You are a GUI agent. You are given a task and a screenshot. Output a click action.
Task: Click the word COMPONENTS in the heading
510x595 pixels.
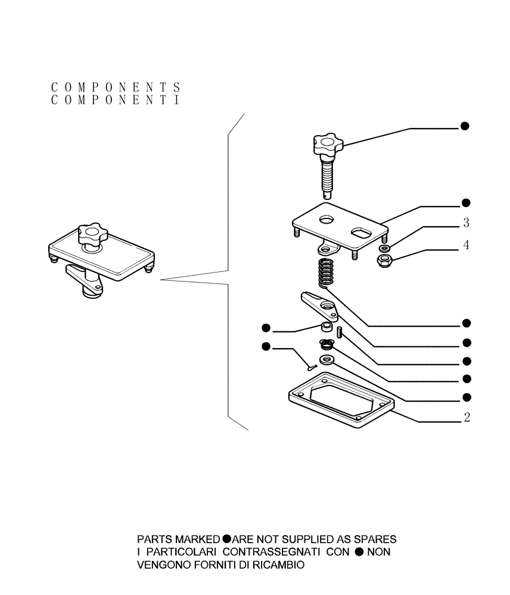(x=116, y=87)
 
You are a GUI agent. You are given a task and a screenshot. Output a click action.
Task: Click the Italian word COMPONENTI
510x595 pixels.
(x=116, y=101)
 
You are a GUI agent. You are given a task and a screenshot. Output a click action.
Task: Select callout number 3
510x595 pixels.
(x=467, y=224)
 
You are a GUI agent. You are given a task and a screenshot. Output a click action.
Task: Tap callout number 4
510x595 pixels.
(x=467, y=245)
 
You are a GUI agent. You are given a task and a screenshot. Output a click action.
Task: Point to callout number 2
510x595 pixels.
(x=467, y=418)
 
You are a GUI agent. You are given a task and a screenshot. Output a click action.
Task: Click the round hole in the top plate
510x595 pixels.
(x=327, y=220)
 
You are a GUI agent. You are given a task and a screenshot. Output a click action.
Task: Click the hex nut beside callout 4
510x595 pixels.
(x=384, y=259)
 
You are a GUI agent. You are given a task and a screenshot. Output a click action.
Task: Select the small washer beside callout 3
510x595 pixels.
(x=385, y=248)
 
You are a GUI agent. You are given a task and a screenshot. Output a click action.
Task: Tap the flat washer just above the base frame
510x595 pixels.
(x=326, y=359)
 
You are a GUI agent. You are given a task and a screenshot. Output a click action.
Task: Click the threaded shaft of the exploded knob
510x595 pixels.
(x=327, y=176)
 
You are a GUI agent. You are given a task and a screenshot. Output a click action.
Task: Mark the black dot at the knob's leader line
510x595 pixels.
(x=465, y=126)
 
